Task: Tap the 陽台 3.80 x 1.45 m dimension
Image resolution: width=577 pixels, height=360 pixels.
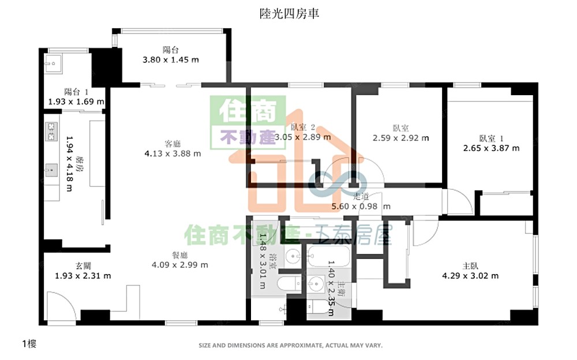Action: click(x=171, y=59)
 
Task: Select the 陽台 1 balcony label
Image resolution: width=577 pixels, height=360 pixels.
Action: click(x=76, y=91)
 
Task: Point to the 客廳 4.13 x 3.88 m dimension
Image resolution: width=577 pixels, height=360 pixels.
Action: click(x=173, y=153)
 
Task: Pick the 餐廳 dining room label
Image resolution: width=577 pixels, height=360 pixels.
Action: click(x=179, y=255)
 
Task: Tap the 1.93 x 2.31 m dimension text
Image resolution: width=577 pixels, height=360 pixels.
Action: click(x=83, y=276)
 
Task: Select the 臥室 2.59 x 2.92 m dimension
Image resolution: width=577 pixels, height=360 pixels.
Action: click(x=401, y=138)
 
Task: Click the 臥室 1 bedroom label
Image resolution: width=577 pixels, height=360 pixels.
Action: click(x=491, y=138)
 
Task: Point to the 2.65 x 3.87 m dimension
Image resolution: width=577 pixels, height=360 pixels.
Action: click(x=491, y=148)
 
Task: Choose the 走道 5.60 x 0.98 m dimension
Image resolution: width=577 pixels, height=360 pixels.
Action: click(x=361, y=206)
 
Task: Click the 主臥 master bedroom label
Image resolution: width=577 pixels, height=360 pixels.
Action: click(x=470, y=266)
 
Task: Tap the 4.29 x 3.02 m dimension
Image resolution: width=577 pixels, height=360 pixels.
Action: click(x=470, y=276)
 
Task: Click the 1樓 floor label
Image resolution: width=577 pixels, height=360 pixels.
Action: click(x=29, y=344)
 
